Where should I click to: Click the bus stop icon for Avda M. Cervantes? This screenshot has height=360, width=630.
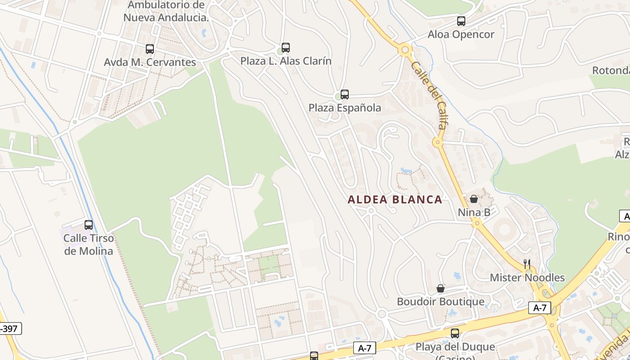click(x=150, y=49)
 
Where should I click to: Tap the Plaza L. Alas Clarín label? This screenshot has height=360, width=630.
click(x=286, y=61)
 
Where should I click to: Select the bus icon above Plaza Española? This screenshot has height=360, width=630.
click(x=345, y=94)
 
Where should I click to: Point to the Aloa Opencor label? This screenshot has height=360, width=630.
click(x=461, y=35)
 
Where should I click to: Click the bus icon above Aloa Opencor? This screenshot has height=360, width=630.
click(x=461, y=21)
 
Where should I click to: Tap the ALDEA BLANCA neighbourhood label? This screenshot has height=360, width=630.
click(x=395, y=200)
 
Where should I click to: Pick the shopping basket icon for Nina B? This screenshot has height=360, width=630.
click(x=474, y=198)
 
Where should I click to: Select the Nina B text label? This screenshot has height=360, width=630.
click(x=474, y=212)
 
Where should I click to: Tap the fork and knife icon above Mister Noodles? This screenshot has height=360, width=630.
click(x=527, y=264)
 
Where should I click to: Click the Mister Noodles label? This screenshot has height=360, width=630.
click(x=527, y=278)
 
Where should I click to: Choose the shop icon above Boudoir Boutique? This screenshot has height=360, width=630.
click(x=441, y=288)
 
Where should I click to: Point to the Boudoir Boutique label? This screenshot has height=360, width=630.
click(x=441, y=301)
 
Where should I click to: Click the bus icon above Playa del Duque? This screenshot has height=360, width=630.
click(x=455, y=333)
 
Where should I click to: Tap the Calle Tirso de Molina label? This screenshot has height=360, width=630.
click(x=89, y=244)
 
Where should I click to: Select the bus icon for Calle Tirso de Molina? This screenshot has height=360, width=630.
click(x=89, y=225)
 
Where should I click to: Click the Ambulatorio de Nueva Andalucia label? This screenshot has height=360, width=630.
click(x=166, y=11)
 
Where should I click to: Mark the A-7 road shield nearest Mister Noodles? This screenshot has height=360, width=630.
click(x=540, y=308)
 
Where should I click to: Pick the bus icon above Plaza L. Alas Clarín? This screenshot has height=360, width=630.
click(x=286, y=47)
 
